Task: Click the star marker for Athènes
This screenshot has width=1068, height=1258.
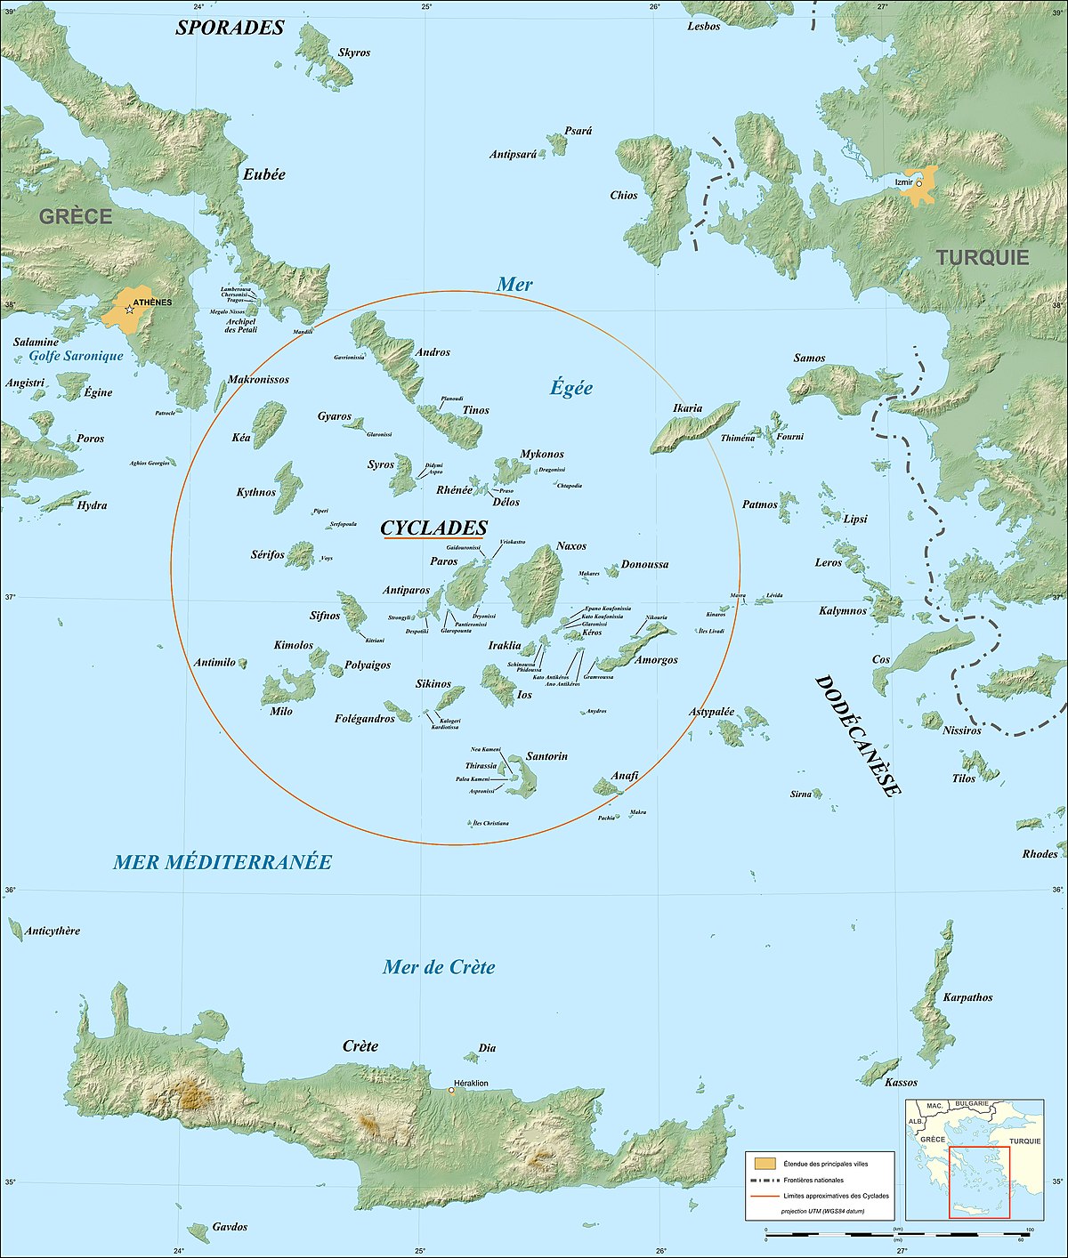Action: coord(130,309)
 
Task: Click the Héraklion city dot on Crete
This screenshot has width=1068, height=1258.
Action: coord(451,1091)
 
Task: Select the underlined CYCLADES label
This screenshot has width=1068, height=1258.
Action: coord(433,528)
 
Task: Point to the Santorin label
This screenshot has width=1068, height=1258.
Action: coord(546,756)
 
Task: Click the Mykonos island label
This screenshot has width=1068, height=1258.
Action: coord(542,454)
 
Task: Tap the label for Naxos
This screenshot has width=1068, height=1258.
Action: coord(571,545)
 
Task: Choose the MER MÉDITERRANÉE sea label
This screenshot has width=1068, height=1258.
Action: coord(222,861)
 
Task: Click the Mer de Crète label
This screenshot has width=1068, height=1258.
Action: coord(439,967)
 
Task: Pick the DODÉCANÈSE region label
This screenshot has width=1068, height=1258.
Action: coord(858,736)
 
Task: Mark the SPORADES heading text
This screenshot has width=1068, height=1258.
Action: coord(230,28)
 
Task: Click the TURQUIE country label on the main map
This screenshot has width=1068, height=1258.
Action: coord(982,258)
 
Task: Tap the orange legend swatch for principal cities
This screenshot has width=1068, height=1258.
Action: coord(764,1164)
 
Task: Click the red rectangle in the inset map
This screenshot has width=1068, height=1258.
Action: coord(979,1182)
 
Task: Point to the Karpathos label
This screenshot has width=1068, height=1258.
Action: coord(967,997)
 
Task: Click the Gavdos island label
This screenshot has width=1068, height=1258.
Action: coord(230,1227)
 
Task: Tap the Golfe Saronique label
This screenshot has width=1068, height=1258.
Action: coord(77,356)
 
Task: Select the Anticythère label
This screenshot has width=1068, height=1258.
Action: coord(53,931)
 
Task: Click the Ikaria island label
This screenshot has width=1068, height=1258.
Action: coord(687,408)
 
